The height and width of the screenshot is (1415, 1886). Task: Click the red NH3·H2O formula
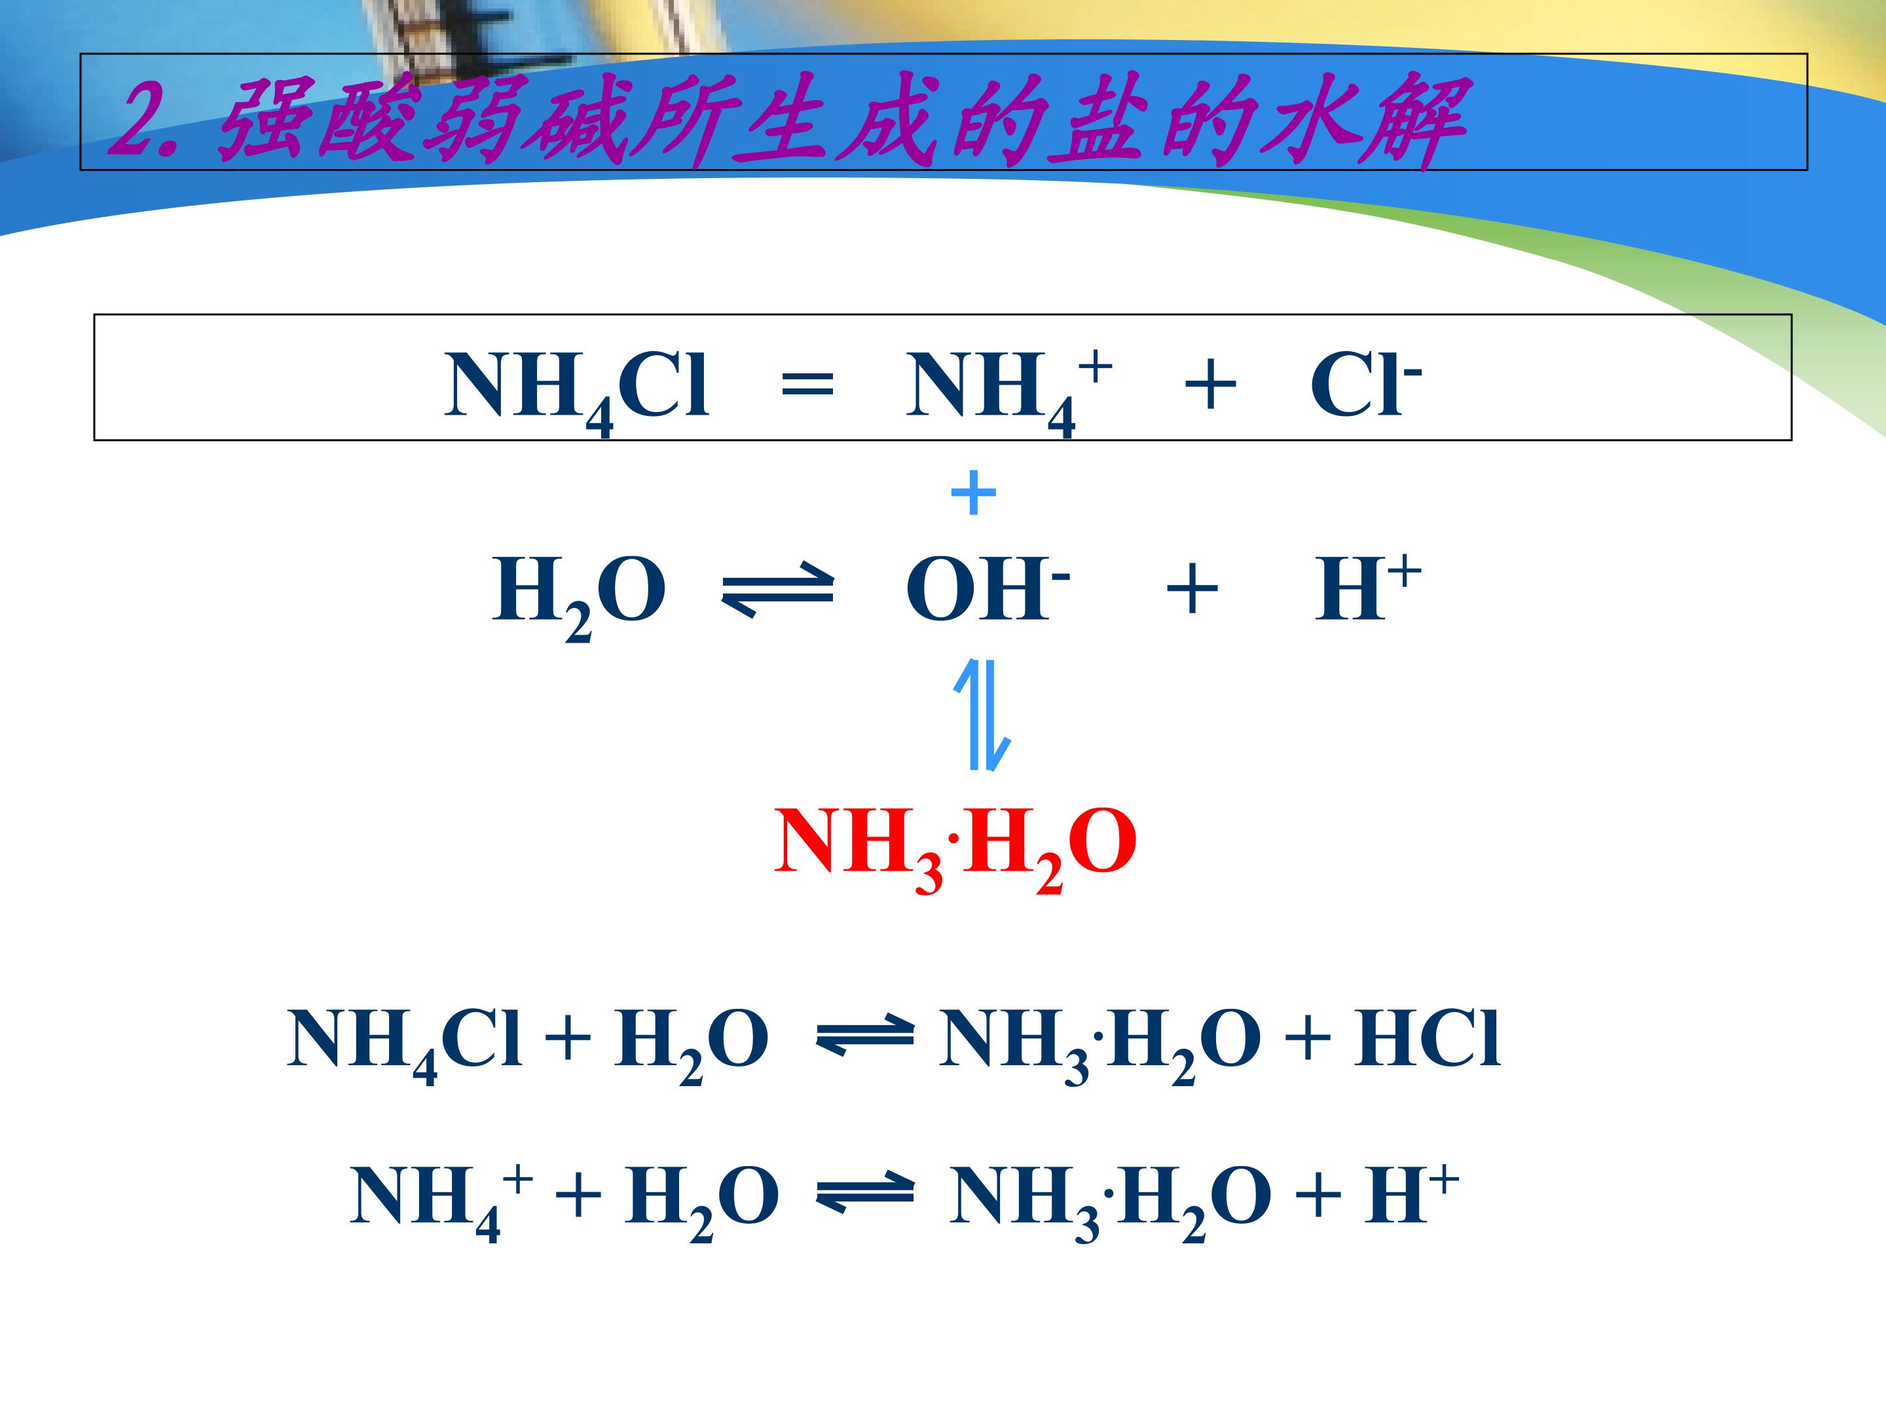[x=955, y=848]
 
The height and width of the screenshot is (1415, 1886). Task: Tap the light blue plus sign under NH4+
[x=973, y=493]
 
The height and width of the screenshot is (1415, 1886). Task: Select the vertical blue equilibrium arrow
[x=982, y=715]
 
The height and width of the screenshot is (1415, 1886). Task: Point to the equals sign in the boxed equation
[x=807, y=385]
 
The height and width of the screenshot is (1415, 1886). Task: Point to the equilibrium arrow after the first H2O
[x=777, y=590]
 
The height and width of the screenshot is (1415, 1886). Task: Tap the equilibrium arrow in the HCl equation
[x=864, y=1039]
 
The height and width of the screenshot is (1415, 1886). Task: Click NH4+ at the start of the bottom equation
[x=441, y=1201]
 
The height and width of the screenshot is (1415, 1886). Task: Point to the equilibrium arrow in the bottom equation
[x=864, y=1196]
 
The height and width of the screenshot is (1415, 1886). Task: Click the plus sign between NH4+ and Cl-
[x=1210, y=385]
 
